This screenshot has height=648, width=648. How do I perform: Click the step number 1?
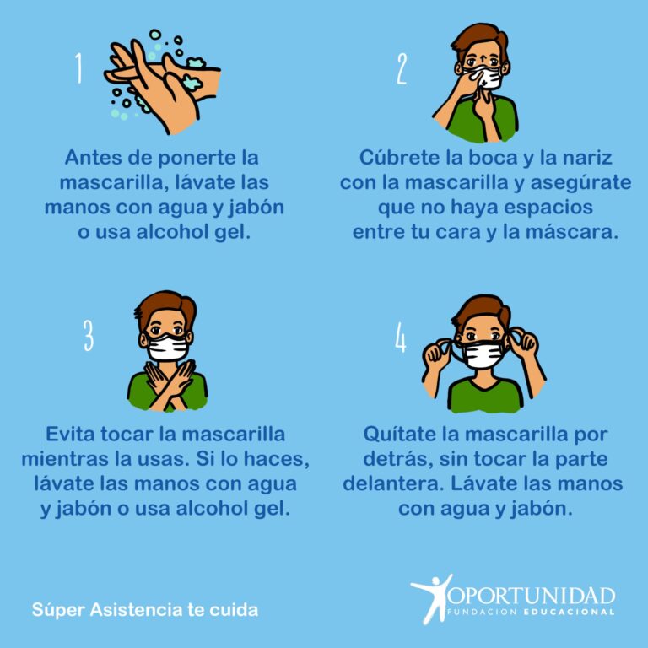coord(78,67)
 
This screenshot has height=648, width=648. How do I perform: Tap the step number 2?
coord(402,69)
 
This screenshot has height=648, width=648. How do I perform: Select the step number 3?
coord(89,335)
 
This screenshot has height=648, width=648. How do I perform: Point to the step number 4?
coord(401,337)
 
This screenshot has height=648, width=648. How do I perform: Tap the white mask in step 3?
coord(167,348)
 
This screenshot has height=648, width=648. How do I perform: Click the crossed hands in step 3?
coord(169,385)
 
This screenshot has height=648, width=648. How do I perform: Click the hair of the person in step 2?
coord(480,40)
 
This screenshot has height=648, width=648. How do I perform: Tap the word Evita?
coord(70,434)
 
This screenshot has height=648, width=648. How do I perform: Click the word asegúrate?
coord(580,182)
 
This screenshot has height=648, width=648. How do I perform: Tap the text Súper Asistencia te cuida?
coord(145,609)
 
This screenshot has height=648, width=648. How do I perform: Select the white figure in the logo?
coord(430,598)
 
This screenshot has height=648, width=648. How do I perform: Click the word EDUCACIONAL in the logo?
coord(569,612)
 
